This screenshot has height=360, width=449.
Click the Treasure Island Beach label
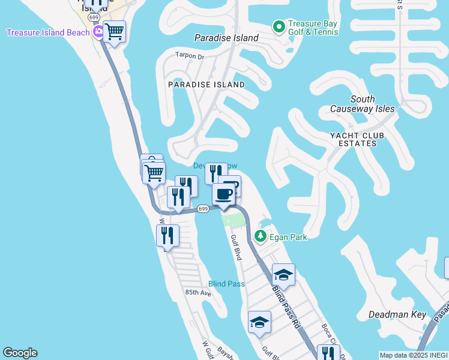(47, 32)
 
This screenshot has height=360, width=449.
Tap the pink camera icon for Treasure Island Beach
(98, 32)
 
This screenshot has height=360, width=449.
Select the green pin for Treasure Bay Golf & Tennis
(279, 26)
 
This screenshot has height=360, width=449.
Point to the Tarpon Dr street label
(190, 56)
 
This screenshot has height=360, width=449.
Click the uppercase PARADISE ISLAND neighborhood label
(206, 85)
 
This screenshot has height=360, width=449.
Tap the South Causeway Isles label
(363, 104)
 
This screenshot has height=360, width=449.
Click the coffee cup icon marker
(224, 194)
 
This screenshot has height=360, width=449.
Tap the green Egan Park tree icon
(261, 236)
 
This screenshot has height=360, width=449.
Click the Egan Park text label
(288, 237)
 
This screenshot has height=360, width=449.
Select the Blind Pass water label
(226, 284)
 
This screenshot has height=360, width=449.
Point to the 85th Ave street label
(198, 293)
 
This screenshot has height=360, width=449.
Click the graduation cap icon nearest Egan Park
(283, 275)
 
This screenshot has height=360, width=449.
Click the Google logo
(20, 353)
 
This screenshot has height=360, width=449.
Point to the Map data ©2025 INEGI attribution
(413, 355)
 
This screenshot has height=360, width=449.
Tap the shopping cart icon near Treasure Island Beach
(114, 31)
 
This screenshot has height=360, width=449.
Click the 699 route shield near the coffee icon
(203, 209)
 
